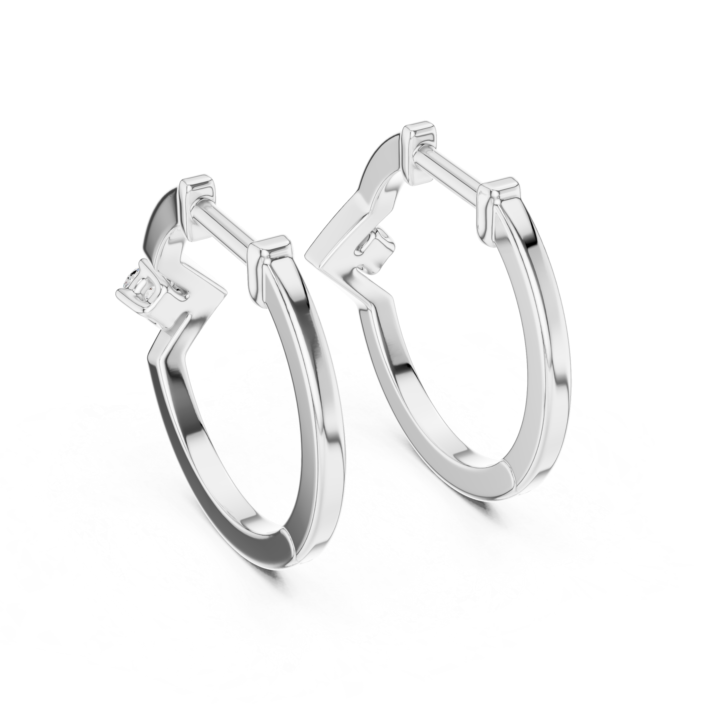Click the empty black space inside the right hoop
click(441, 299)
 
